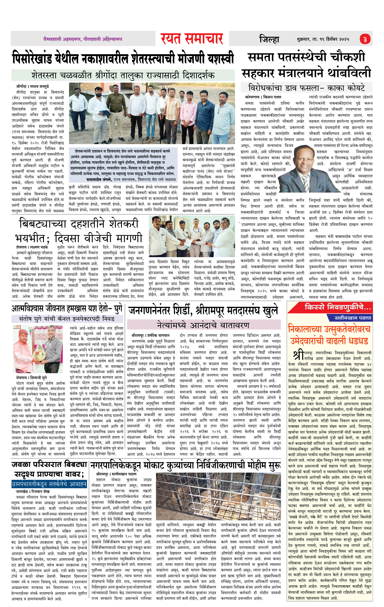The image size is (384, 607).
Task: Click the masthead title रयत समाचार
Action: [x=192, y=39]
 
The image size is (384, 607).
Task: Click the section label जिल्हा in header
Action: [x=269, y=39]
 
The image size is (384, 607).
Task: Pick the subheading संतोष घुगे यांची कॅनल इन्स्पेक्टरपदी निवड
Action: [x=67, y=319]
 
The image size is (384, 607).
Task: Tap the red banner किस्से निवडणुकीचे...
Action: [x=338, y=307]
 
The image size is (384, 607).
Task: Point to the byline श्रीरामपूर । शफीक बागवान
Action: [x=150, y=335]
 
